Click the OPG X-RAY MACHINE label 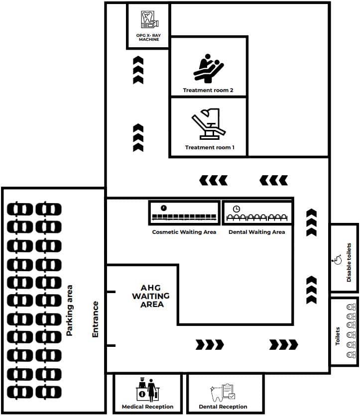(148, 37)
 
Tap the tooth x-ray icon (149, 19)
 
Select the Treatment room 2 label (208, 90)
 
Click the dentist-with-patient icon (209, 68)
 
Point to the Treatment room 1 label (210, 147)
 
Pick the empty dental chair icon (209, 123)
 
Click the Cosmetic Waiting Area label (184, 232)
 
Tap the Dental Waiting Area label (257, 232)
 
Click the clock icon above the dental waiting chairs (237, 209)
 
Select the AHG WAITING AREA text (151, 296)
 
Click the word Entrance (95, 319)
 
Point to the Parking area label (70, 311)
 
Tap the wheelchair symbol (337, 260)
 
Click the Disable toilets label (349, 262)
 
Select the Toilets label (338, 336)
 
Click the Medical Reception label (147, 407)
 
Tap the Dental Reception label (223, 407)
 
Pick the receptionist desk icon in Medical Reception (147, 389)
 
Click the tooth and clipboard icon (223, 392)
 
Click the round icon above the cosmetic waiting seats (163, 208)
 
